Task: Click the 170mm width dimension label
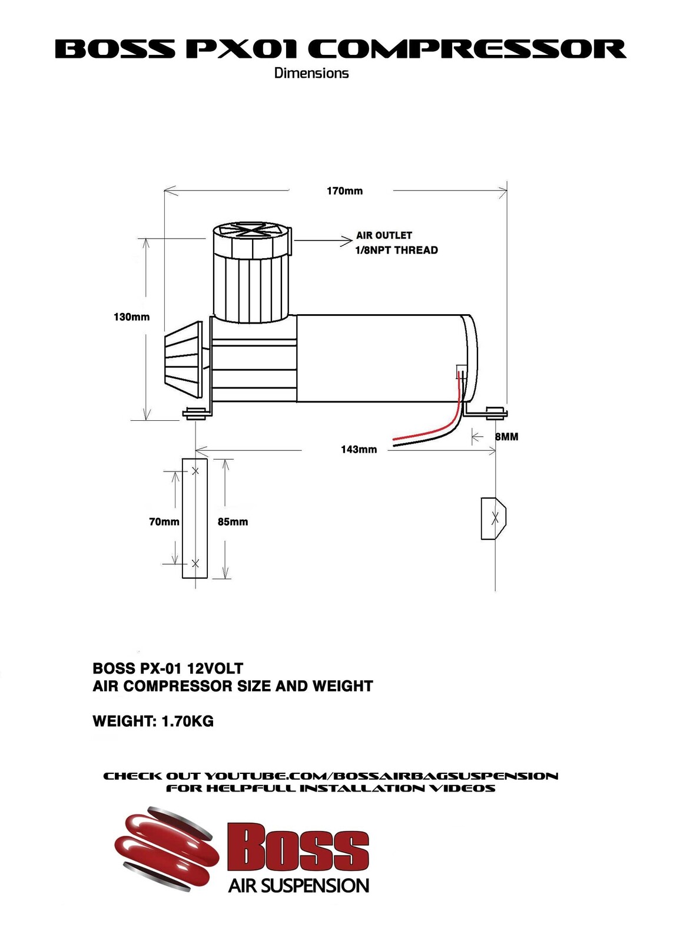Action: [x=344, y=191]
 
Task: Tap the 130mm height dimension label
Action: [x=132, y=317]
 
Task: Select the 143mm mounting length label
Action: [x=359, y=450]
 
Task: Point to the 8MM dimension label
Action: [x=506, y=437]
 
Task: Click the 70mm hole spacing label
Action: [x=164, y=522]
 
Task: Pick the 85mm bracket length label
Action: [x=233, y=522]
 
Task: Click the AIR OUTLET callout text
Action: [x=384, y=235]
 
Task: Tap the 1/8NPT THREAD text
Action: [x=396, y=250]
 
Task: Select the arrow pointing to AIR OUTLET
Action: [x=323, y=241]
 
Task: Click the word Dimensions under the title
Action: [x=311, y=73]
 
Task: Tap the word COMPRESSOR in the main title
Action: [x=467, y=49]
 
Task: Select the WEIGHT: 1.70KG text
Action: [x=153, y=721]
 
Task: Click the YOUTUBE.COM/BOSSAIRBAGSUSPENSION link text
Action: [x=382, y=776]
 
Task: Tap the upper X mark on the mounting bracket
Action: [x=195, y=471]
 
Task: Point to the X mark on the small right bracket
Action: [x=495, y=518]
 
